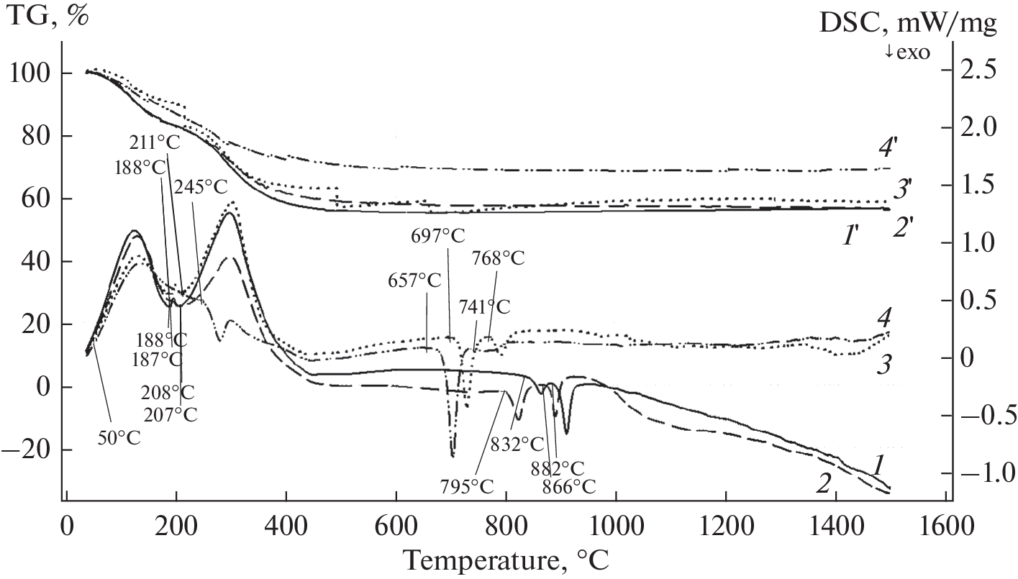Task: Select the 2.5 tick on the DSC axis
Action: tap(981, 73)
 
